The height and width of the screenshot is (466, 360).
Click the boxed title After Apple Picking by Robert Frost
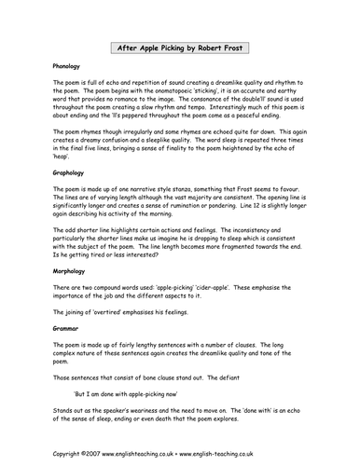click(179, 46)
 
